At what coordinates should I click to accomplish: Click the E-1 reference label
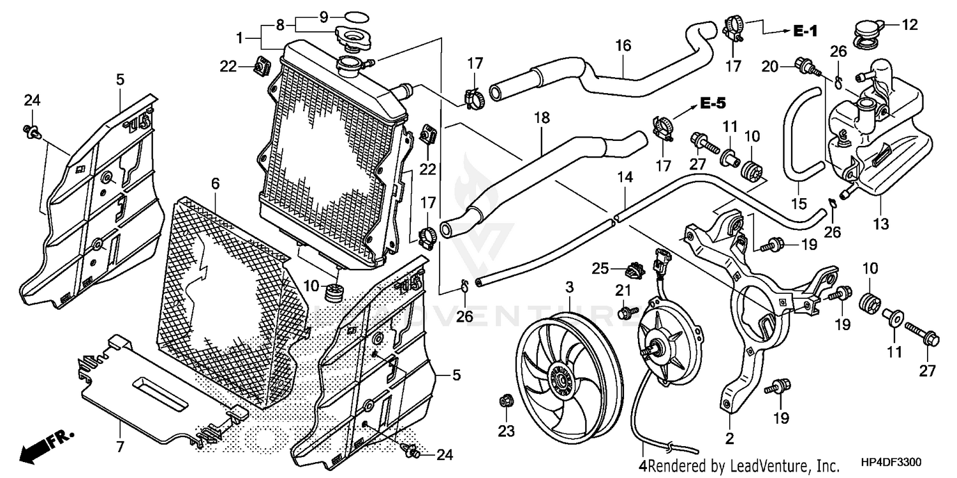[806, 31]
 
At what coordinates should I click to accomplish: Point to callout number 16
[623, 46]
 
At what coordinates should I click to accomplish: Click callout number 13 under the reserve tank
[880, 224]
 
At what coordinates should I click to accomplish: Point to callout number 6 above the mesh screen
[215, 184]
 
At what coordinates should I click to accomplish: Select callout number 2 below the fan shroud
[729, 438]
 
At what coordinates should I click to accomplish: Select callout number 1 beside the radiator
[239, 38]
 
